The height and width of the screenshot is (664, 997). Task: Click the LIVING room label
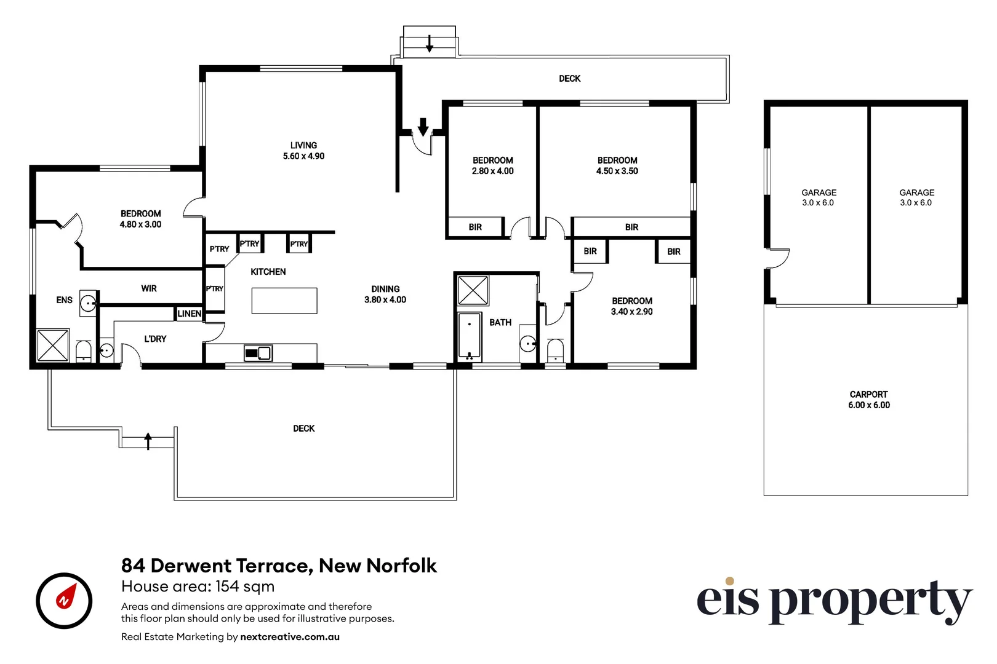click(x=303, y=146)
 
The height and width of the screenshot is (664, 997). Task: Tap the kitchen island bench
click(x=284, y=301)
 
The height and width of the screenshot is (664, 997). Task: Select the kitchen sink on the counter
click(x=258, y=353)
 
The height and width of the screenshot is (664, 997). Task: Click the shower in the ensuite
click(x=53, y=345)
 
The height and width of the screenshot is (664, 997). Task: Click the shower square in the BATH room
click(x=473, y=290)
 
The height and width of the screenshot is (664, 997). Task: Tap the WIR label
click(x=149, y=288)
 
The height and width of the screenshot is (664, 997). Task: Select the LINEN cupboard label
click(x=190, y=314)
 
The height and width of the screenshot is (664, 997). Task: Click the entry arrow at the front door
click(x=423, y=127)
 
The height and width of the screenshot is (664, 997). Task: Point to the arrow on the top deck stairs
click(x=430, y=43)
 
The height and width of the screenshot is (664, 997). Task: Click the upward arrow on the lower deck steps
click(x=148, y=440)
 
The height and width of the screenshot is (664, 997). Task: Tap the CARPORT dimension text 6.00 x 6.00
click(x=868, y=405)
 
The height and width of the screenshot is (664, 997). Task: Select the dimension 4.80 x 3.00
click(x=140, y=224)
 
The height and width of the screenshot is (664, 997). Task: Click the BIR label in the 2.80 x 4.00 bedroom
click(x=475, y=227)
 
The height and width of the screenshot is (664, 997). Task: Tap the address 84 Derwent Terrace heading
click(x=279, y=566)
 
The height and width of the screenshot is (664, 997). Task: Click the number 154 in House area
click(x=228, y=587)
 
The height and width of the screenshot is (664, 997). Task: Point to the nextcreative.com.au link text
click(x=290, y=637)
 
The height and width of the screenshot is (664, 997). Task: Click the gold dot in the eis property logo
click(x=729, y=581)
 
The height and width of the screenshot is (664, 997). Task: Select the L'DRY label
click(x=155, y=339)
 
